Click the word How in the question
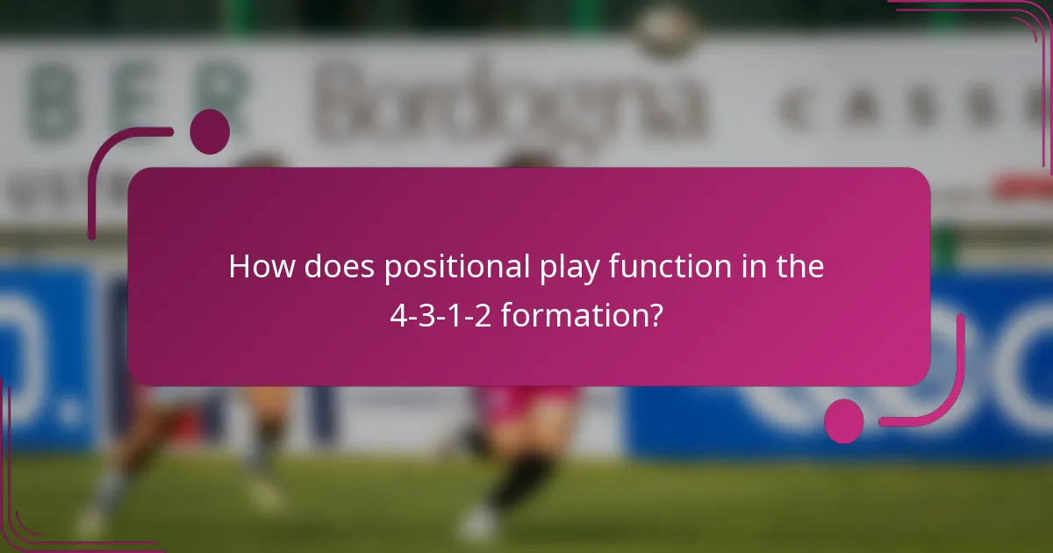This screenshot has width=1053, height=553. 261,267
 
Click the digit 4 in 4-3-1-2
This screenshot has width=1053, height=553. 397,313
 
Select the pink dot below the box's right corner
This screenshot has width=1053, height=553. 844,420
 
